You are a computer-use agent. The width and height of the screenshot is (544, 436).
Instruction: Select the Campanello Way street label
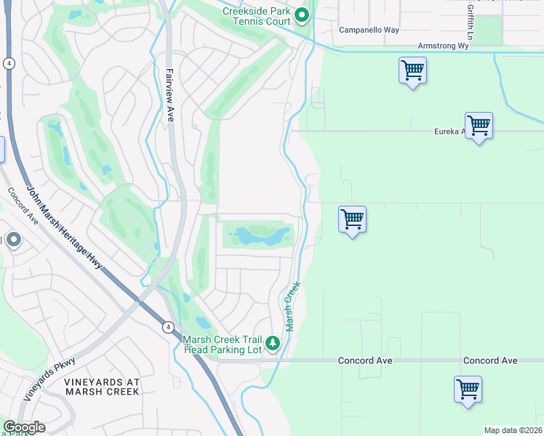coord(369,31)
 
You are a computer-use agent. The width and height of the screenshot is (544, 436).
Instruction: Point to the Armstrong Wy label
coord(443,46)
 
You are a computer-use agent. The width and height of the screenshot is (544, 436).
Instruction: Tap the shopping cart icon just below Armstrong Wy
coord(412,71)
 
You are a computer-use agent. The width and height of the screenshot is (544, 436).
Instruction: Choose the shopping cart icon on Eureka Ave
coord(479,126)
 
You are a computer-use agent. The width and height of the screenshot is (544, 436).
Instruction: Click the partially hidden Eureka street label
coord(447,131)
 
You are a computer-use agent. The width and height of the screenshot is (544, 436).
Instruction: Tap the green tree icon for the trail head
coord(273,342)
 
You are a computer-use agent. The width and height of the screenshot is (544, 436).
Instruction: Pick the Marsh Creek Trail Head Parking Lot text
coord(222,344)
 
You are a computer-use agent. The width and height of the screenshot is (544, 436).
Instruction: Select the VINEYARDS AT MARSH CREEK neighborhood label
coord(102,387)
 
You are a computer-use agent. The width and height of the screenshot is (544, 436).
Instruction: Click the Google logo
coord(23,427)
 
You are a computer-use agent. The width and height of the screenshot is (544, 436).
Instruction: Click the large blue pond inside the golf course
coord(258,236)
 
